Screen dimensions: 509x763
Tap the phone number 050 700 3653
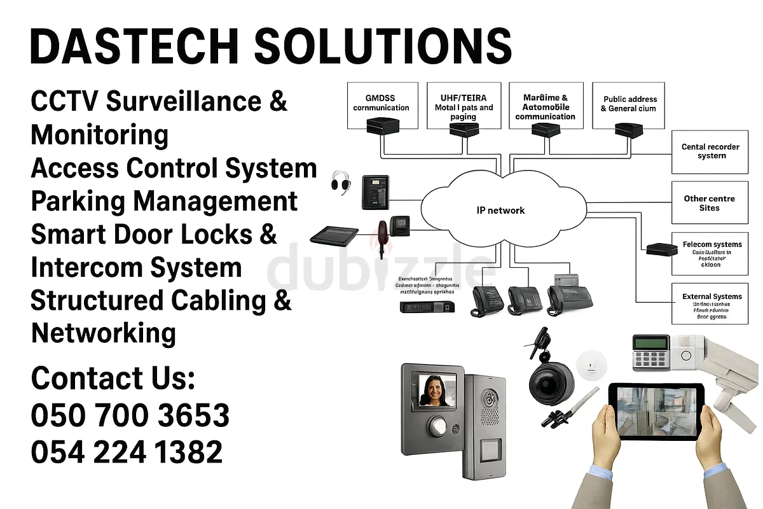click(x=130, y=415)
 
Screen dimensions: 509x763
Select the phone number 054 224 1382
click(x=127, y=452)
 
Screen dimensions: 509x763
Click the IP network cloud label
click(x=500, y=211)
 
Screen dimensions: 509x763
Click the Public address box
click(x=628, y=104)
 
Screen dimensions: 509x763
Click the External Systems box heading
click(x=711, y=296)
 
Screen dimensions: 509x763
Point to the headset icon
click(x=341, y=183)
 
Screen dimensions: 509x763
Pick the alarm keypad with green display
click(x=649, y=351)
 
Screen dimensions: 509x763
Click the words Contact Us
click(x=113, y=379)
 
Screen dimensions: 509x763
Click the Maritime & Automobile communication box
click(x=546, y=106)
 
